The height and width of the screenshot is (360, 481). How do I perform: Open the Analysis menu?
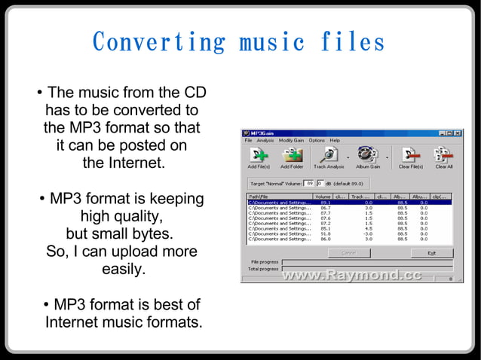[x=265, y=141]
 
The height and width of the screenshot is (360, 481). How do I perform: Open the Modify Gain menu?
[x=291, y=141]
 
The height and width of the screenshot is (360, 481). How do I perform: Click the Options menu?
[x=317, y=141]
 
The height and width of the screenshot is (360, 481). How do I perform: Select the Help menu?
[x=335, y=141]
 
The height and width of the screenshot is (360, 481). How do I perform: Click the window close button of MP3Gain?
[x=457, y=133]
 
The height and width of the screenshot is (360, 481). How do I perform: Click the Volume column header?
[x=322, y=196]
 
